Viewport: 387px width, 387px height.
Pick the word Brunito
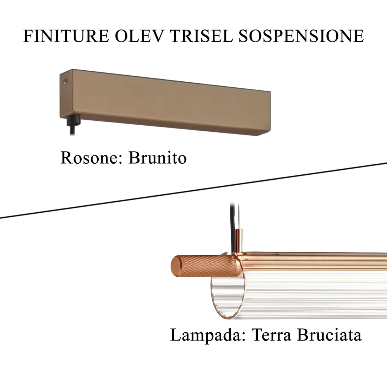coord(157,158)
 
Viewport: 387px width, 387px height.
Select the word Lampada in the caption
coord(206,335)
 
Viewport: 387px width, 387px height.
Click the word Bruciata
coord(329,335)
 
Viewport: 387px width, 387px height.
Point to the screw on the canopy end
coord(65,82)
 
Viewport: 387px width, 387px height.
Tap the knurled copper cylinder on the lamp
coord(206,266)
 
